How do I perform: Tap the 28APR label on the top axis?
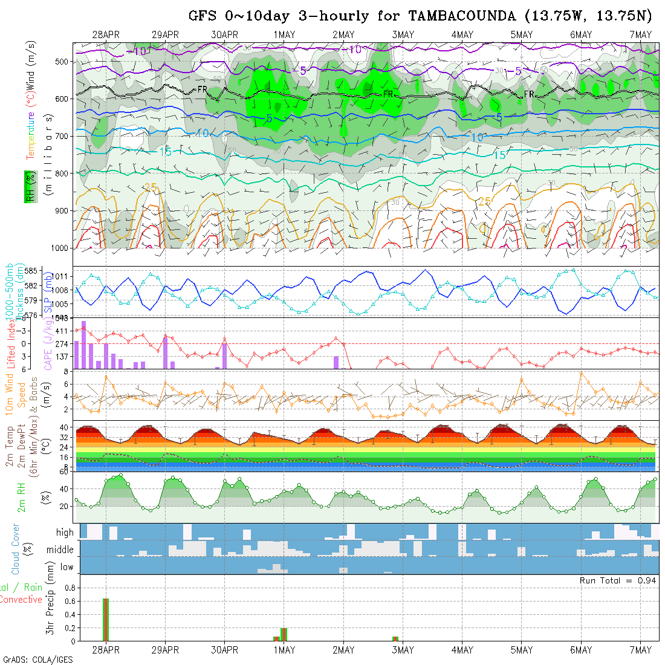coord(106,34)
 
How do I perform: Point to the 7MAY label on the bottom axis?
coord(640,650)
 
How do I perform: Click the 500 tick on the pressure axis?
coord(62,61)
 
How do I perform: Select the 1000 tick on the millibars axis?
coord(60,248)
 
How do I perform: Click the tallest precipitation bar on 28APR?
coord(106,619)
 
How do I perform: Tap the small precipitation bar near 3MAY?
coord(395,638)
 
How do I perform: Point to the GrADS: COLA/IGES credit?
coord(37,660)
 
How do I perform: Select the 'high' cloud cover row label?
coord(64,533)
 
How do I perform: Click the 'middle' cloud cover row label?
coord(60,550)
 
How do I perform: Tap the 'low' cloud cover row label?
coord(66,566)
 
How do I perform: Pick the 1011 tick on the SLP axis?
coord(62,276)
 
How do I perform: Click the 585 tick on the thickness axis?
coord(34,270)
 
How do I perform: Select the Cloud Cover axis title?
coord(15,549)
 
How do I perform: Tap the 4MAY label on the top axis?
coord(462,34)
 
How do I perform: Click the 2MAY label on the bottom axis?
coord(343,650)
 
